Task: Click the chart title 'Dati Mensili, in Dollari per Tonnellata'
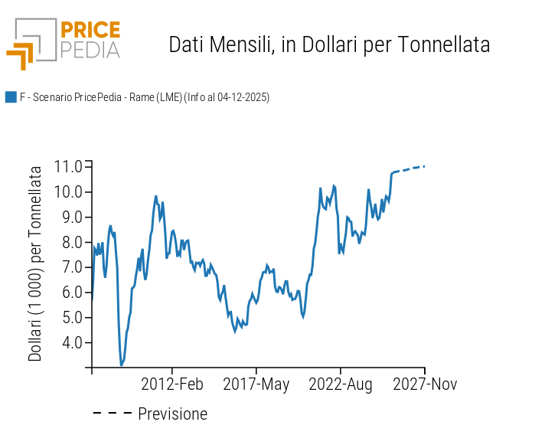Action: [329, 44]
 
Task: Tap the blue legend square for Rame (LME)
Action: [11, 96]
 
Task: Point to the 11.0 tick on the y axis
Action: [68, 166]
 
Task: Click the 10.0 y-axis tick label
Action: [68, 191]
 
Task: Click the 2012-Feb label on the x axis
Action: [172, 384]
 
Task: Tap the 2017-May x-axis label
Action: [256, 384]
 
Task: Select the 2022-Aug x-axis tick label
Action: [341, 384]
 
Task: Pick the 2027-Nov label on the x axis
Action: [425, 384]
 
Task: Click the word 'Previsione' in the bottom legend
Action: [172, 414]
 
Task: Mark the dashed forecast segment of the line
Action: [409, 168]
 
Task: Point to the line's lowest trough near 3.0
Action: [121, 365]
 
